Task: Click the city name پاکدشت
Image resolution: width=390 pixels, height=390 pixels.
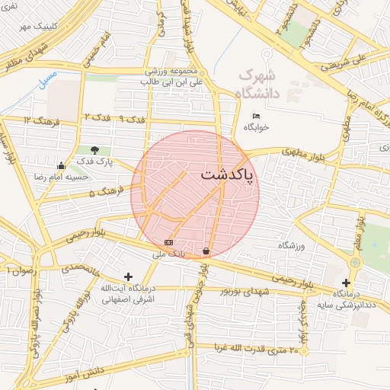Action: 229,175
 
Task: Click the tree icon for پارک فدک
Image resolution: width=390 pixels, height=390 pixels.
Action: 94,150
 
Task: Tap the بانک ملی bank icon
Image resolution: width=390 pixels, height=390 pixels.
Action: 168,242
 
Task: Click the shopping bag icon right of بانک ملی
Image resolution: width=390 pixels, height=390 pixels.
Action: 206,251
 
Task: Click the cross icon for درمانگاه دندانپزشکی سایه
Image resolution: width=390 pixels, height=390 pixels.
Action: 346,283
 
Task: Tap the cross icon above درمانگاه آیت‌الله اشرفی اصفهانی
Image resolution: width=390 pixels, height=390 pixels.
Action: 128,277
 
